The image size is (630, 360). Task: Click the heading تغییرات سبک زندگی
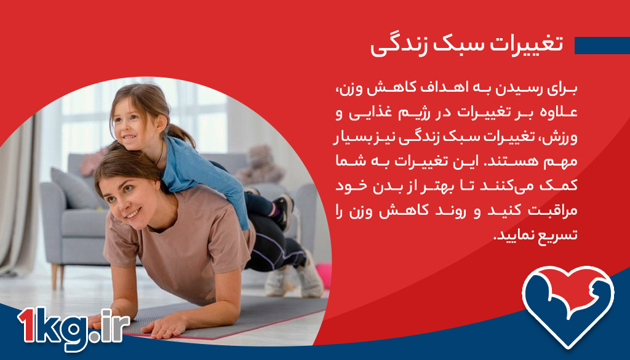pyautogui.click(x=466, y=46)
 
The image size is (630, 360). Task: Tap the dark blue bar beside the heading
pyautogui.click(x=602, y=46)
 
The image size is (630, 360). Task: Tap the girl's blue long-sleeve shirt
pyautogui.click(x=205, y=177)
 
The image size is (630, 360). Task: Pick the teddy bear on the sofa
pyautogui.click(x=260, y=165)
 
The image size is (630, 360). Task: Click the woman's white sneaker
pyautogui.click(x=309, y=278)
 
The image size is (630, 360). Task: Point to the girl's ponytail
pyautogui.click(x=181, y=135)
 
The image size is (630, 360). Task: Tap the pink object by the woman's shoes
pyautogui.click(x=324, y=275)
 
